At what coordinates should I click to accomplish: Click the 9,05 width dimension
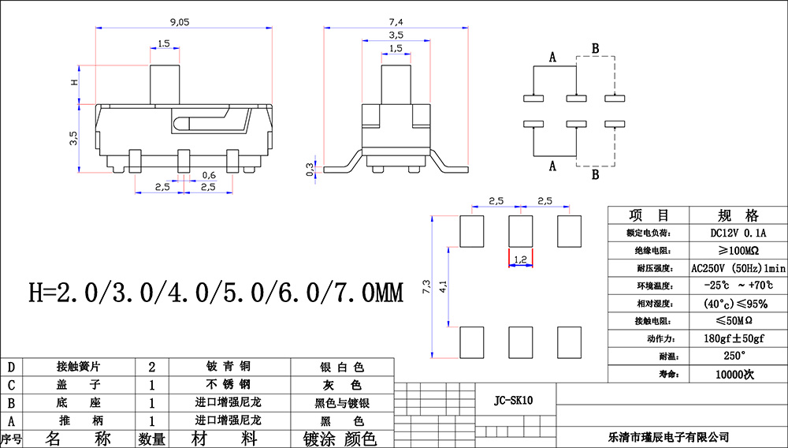coord(179,23)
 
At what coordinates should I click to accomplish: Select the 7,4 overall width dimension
coord(396,19)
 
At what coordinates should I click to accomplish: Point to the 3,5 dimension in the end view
coord(396,35)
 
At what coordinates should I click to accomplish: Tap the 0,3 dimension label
coord(310,168)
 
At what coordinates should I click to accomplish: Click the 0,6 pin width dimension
coord(210,174)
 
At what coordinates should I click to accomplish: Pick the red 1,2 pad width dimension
coord(520,258)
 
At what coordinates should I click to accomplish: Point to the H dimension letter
coord(74,82)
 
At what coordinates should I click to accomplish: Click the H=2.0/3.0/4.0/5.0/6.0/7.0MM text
coord(216,294)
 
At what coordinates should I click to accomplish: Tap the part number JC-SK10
coord(514,401)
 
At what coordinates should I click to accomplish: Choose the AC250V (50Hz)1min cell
coord(738,268)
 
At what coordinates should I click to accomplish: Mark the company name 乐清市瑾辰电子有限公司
coord(669,436)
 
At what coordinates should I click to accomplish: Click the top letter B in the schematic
coord(596,49)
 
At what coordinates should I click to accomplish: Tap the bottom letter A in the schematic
coord(552,166)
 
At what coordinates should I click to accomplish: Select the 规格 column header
coord(738,215)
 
